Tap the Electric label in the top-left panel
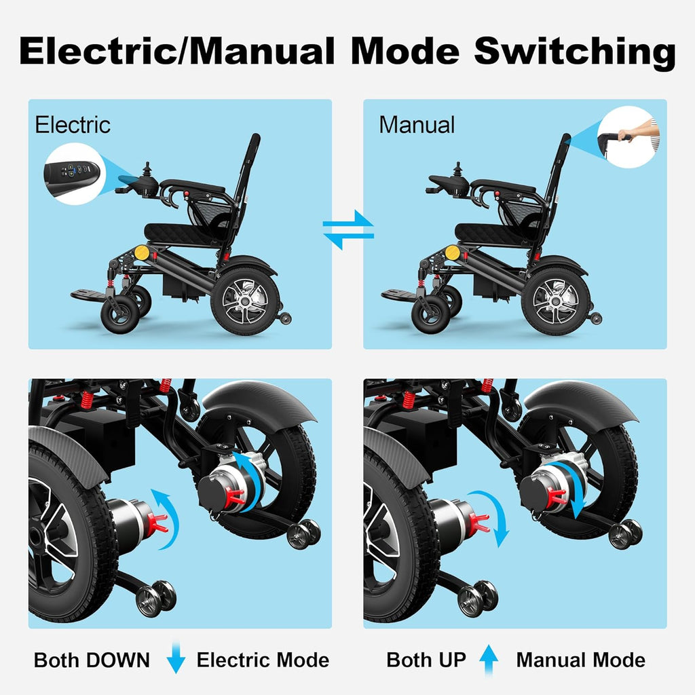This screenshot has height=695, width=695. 73,125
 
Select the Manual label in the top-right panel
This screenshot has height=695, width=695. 417,125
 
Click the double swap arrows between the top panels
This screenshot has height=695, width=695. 347,230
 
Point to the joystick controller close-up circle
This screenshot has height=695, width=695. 73,172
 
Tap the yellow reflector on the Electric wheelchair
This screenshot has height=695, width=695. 142,252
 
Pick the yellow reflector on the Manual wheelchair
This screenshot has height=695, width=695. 453,252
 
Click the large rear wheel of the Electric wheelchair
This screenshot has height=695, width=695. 245,301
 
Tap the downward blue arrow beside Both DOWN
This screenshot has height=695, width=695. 176,660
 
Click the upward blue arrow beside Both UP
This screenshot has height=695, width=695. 489,660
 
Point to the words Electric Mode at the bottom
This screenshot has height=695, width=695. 263,660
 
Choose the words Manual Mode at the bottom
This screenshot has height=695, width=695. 580,660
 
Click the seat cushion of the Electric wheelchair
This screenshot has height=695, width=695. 179,232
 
